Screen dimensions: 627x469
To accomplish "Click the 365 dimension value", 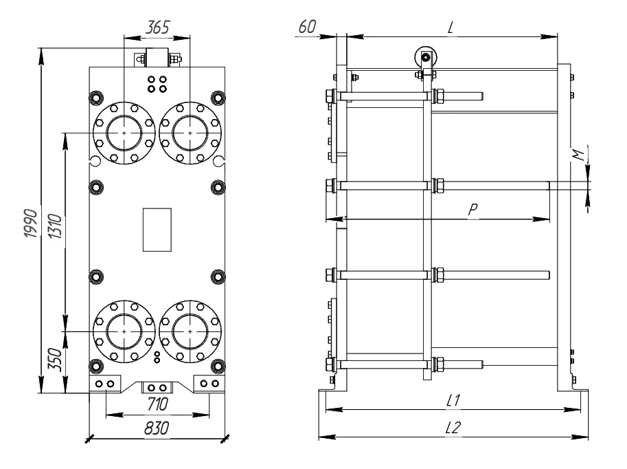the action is click(157, 28).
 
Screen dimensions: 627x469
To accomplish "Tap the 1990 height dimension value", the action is click(31, 223).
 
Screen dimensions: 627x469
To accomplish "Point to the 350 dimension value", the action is click(55, 360).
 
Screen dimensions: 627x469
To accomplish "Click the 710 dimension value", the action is click(157, 404).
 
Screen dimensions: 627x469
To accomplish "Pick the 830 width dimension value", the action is click(157, 428).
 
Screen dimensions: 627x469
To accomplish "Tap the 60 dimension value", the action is click(307, 26).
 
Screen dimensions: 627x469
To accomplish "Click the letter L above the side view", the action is click(451, 28).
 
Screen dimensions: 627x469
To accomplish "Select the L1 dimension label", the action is click(453, 400).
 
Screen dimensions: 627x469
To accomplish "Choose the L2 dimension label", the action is click(453, 428).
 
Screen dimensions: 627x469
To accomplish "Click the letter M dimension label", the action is click(578, 154).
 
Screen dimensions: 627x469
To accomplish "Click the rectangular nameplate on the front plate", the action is click(157, 230).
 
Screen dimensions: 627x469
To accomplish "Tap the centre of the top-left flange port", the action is click(124, 133).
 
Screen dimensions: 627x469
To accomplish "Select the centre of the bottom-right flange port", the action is click(190, 331).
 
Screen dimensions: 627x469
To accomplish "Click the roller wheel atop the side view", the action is click(426, 57).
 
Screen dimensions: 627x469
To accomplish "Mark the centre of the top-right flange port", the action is click(190, 133).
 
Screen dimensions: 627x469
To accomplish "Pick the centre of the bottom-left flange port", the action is click(124, 331).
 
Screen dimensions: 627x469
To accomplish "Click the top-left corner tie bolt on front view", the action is click(96, 98).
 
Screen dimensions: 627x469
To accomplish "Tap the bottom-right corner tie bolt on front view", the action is click(218, 366).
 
